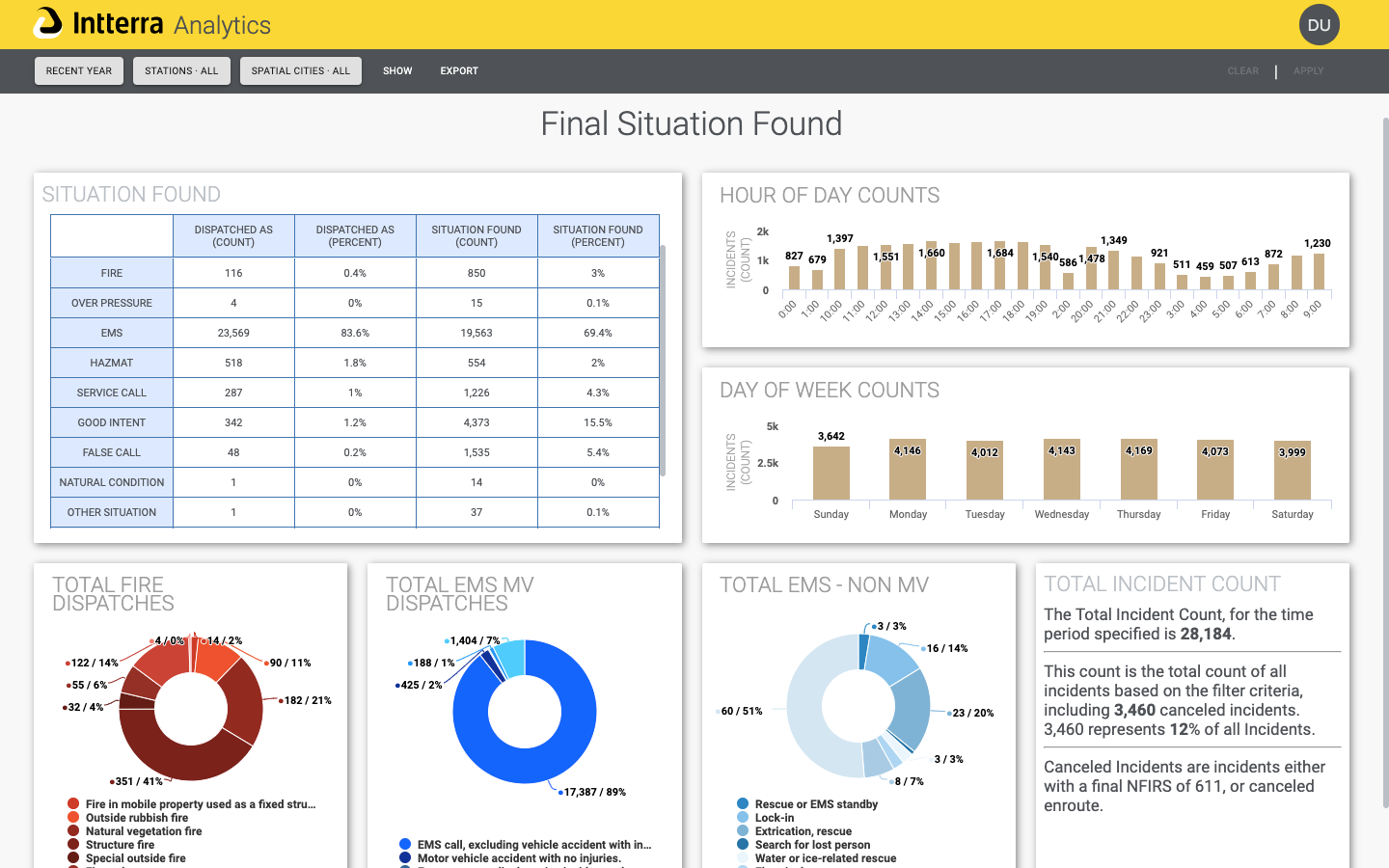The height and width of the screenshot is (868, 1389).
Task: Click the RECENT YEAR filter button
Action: (79, 70)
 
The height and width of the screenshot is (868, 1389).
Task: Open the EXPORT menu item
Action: (459, 70)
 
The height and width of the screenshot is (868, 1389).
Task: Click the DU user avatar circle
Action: (1319, 25)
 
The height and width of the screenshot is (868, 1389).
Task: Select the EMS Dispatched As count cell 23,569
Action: (233, 333)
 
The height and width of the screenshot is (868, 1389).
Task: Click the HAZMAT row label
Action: (112, 363)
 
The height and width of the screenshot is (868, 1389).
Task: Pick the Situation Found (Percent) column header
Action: (598, 236)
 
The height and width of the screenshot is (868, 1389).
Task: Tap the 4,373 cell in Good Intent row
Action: (477, 422)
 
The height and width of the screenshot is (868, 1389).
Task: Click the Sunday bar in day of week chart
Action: (831, 474)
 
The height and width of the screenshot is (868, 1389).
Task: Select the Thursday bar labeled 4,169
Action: (1138, 471)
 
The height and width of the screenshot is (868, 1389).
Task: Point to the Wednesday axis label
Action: (1061, 514)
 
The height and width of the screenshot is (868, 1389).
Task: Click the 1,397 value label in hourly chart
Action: (839, 238)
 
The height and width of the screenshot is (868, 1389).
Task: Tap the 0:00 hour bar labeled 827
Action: (794, 278)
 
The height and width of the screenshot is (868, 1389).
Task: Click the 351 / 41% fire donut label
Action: (139, 781)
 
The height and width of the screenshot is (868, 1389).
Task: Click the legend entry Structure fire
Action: (120, 845)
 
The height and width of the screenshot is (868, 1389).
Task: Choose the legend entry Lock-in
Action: (774, 818)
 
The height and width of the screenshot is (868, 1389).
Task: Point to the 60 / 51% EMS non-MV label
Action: (741, 711)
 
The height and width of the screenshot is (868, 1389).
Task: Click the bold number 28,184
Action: (1205, 634)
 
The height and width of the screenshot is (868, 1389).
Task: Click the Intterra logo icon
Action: (47, 23)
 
